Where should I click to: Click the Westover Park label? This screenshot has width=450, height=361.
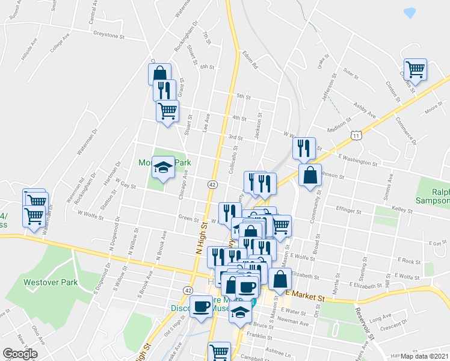(x=43, y=282)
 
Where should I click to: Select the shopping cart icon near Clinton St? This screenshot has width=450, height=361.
(x=415, y=69)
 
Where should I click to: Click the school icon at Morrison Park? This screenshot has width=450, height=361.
(x=163, y=168)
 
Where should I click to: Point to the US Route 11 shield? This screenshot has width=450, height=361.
(x=357, y=137)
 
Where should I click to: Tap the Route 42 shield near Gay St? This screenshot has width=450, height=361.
(x=213, y=184)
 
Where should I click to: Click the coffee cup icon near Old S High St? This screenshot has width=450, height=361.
(x=201, y=306)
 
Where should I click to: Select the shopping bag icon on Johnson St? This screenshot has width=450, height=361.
(x=310, y=175)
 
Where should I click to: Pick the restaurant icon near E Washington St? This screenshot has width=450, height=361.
(x=304, y=147)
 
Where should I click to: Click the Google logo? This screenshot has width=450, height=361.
(x=20, y=354)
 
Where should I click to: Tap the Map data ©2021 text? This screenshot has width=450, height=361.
(x=425, y=356)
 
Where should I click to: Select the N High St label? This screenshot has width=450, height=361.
(x=202, y=236)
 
